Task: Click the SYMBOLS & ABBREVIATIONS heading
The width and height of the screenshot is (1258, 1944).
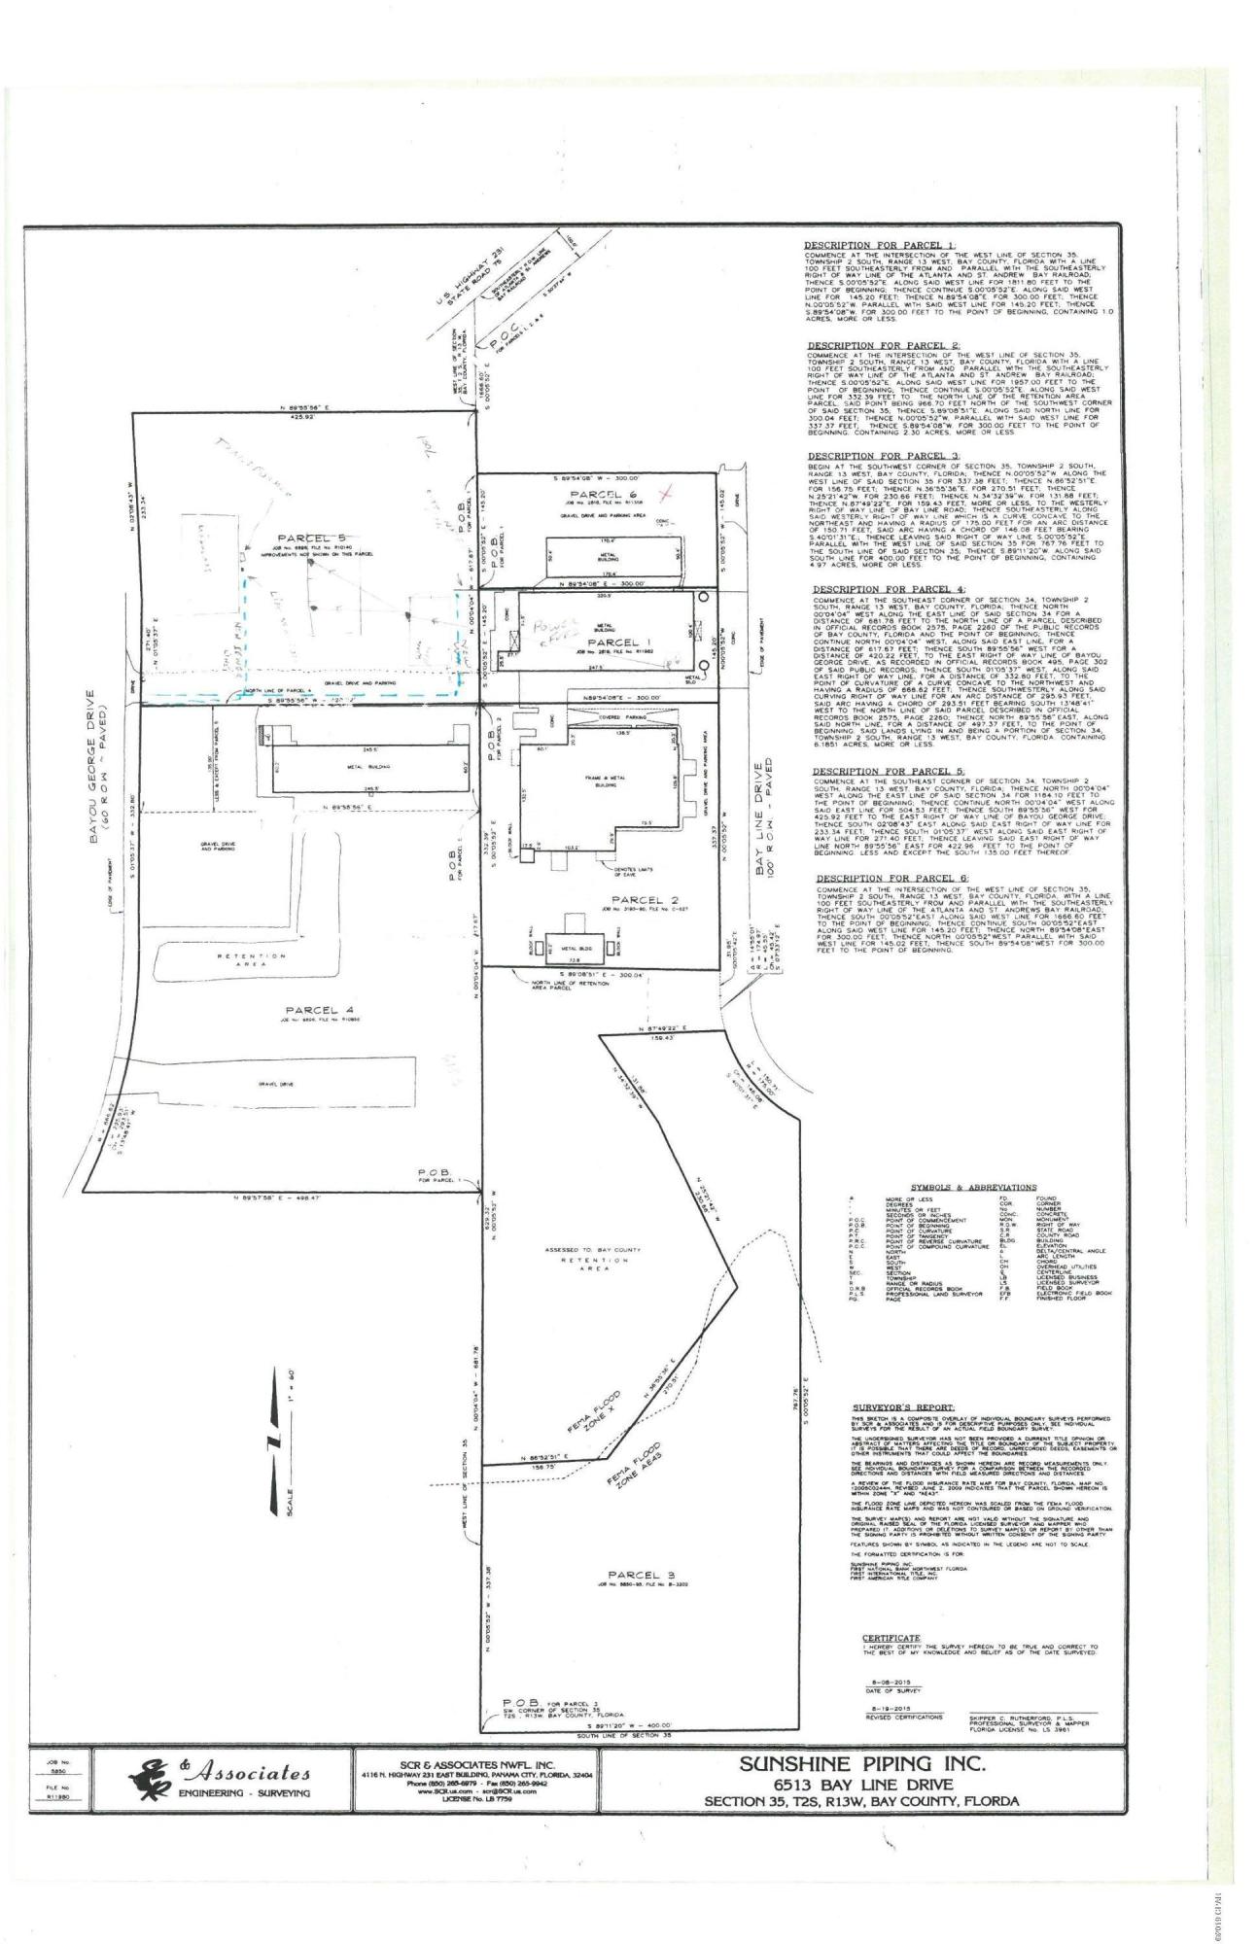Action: click(x=973, y=1188)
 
